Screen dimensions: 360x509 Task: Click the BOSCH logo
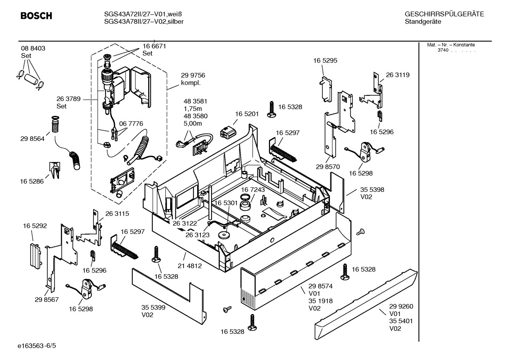tap(36, 16)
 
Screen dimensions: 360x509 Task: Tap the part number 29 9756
tap(193, 75)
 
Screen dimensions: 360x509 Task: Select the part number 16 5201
tap(247, 114)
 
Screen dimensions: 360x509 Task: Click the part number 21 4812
tap(190, 266)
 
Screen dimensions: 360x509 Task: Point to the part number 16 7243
tap(253, 190)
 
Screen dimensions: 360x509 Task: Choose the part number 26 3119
tap(397, 75)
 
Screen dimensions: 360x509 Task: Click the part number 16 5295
tap(325, 60)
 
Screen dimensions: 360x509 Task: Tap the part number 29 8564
tap(32, 139)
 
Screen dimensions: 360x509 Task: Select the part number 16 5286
tap(32, 181)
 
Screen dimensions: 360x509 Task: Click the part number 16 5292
tap(35, 226)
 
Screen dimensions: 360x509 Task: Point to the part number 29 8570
tap(328, 167)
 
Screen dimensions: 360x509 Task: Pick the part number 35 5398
tap(372, 190)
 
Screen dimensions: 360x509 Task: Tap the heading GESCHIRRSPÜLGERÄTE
tap(444, 14)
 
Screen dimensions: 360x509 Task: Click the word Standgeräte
tap(423, 22)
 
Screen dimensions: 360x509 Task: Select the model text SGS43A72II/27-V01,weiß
tap(143, 14)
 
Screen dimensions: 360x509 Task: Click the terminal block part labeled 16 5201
tap(227, 132)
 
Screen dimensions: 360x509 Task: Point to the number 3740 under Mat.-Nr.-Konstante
tap(443, 50)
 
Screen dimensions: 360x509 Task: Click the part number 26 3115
tap(117, 213)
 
